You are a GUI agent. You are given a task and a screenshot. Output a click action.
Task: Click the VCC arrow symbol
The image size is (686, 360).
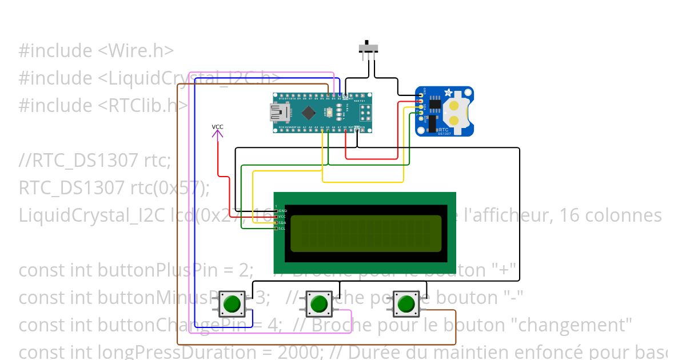tap(217, 134)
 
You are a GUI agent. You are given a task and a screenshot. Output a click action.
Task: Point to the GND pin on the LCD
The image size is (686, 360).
tap(276, 211)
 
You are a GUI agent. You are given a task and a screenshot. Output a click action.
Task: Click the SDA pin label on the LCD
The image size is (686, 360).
tap(282, 223)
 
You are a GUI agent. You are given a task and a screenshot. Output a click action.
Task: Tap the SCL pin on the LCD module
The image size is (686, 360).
tap(276, 229)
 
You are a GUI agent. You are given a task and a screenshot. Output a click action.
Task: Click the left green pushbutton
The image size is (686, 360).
tap(232, 303)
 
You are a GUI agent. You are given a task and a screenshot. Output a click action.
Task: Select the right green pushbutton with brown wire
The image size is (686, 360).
tap(406, 303)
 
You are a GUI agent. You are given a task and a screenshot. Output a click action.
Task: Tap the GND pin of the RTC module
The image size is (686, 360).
tap(421, 95)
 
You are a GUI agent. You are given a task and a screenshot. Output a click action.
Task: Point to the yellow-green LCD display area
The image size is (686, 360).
tap(366, 233)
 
